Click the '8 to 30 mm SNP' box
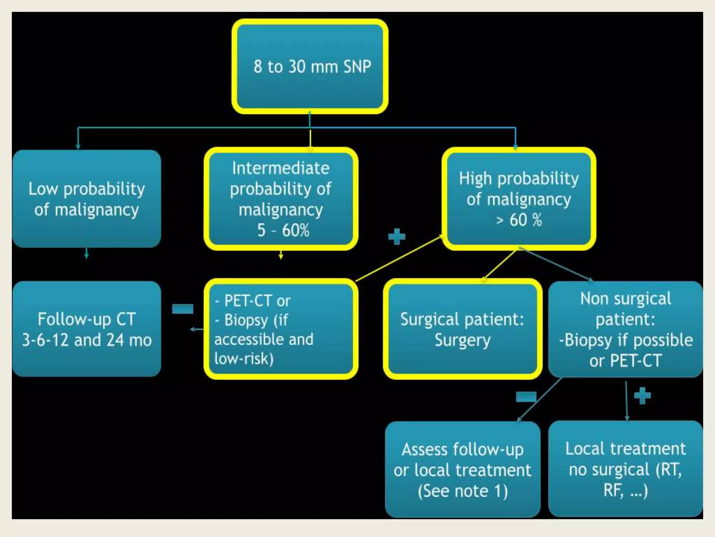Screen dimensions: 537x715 310,66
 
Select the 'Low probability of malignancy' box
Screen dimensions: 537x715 87,199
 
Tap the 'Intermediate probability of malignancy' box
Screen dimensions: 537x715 281,199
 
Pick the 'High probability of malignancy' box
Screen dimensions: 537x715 519,199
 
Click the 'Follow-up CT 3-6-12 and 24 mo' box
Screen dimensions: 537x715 87,329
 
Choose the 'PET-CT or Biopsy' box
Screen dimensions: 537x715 281,329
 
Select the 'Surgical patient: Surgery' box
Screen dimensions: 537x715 463,329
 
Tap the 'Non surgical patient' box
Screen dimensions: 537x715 626,329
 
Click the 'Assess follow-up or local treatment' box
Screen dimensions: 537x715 463,469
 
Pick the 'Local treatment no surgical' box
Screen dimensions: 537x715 626,469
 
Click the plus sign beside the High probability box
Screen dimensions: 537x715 397,237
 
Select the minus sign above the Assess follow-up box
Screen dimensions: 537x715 526,396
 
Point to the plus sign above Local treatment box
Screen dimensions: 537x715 642,396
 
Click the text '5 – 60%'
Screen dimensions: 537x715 283,230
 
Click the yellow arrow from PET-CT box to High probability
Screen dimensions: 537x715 398,259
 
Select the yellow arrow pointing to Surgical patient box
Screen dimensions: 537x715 499,265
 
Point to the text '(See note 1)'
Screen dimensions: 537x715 463,491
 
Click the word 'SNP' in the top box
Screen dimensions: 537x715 357,66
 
